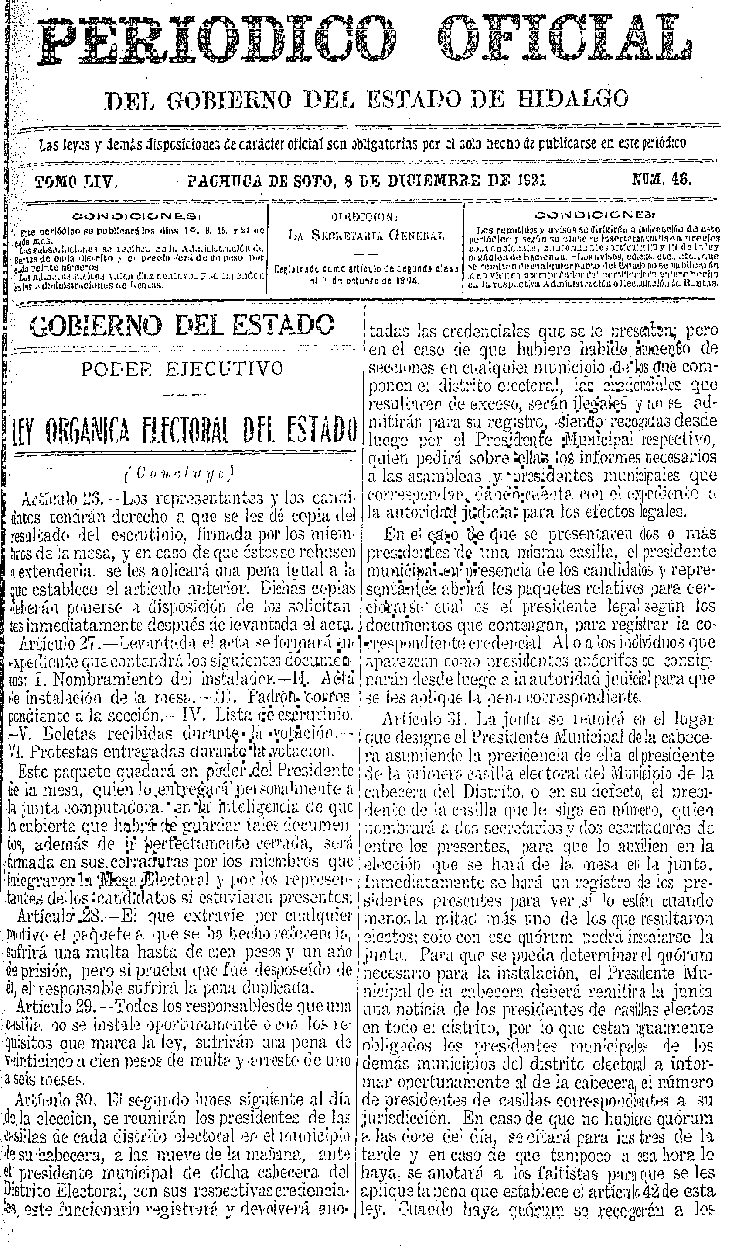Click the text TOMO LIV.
click(76, 182)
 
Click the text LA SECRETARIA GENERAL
click(366, 235)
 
